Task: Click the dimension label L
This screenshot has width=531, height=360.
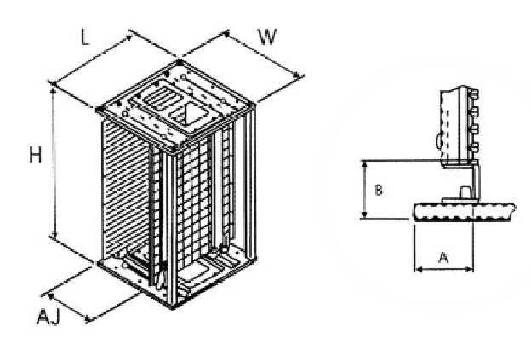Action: coord(85,37)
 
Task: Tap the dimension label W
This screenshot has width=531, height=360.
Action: coord(267,37)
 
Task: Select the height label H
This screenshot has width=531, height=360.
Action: coord(35,155)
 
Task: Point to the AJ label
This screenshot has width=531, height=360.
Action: coord(49,317)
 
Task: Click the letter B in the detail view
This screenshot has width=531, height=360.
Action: coord(379,190)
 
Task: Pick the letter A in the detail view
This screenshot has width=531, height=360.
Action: coord(443,258)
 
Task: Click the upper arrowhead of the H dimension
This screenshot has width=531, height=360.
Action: coord(53,90)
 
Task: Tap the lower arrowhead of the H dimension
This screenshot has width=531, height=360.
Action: coord(54,236)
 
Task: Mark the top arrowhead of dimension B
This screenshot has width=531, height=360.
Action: coord(364,164)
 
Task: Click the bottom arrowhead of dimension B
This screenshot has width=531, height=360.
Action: coord(364,214)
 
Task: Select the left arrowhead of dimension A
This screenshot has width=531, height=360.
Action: coord(418,270)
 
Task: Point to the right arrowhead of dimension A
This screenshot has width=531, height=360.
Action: coord(469,270)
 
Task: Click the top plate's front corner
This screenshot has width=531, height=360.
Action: coord(174,149)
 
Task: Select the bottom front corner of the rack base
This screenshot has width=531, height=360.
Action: coord(173,307)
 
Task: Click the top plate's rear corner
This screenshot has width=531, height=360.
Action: coord(180,61)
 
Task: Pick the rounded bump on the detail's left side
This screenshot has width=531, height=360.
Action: coord(438,141)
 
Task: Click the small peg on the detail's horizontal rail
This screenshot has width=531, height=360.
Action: coord(465,192)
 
